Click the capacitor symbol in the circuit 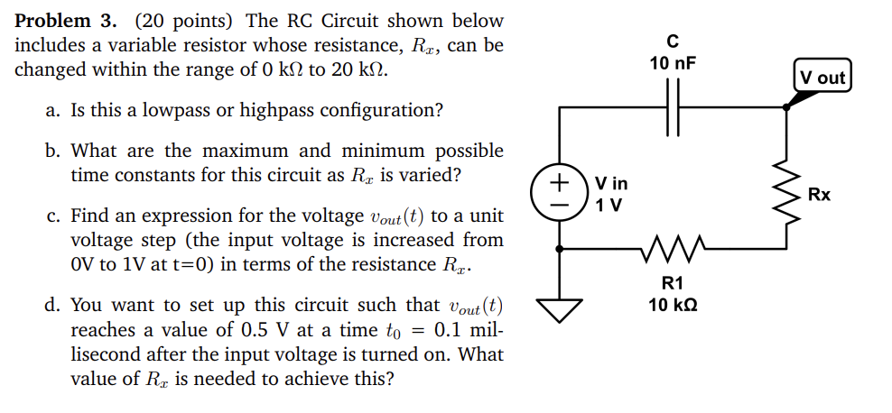[x=672, y=106]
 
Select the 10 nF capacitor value [x=673, y=63]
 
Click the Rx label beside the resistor [x=820, y=195]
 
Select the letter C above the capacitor [x=673, y=41]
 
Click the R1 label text [x=673, y=284]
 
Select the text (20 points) [x=186, y=21]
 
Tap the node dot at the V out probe [x=786, y=106]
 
